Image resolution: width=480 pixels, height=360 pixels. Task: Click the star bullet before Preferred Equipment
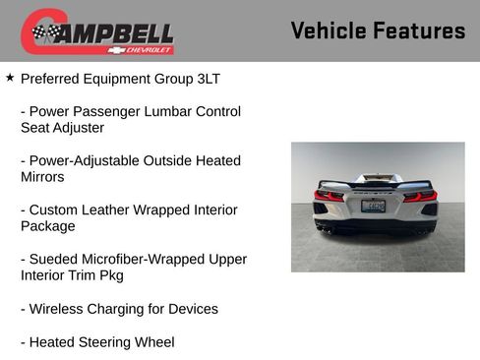pyautogui.click(x=10, y=76)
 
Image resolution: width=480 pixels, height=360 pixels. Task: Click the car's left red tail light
pyautogui.click(x=329, y=195)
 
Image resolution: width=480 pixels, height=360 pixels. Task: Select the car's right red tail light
pyautogui.click(x=420, y=196)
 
